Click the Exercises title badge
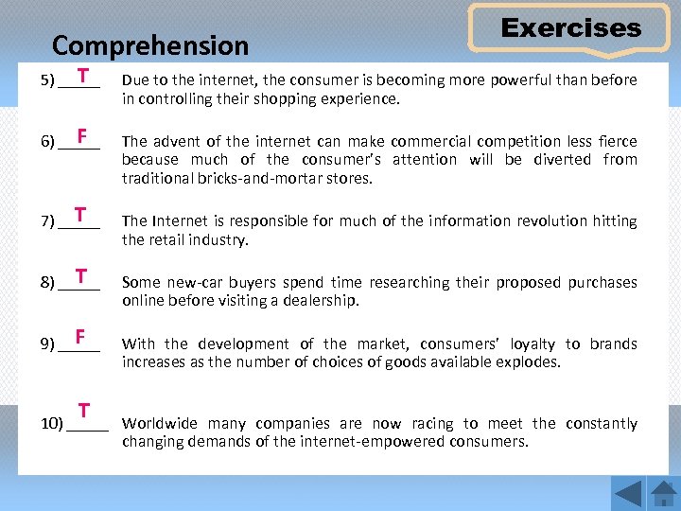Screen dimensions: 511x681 [570, 28]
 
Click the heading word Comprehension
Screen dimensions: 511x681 [150, 45]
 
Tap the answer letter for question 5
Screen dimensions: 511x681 [84, 75]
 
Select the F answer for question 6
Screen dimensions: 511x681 [83, 136]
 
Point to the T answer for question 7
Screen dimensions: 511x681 [82, 215]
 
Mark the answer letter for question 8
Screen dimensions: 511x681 [82, 276]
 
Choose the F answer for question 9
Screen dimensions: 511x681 [82, 337]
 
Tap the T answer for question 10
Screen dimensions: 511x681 [84, 411]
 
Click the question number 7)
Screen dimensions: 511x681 [48, 222]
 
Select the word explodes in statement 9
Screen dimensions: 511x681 [531, 362]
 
